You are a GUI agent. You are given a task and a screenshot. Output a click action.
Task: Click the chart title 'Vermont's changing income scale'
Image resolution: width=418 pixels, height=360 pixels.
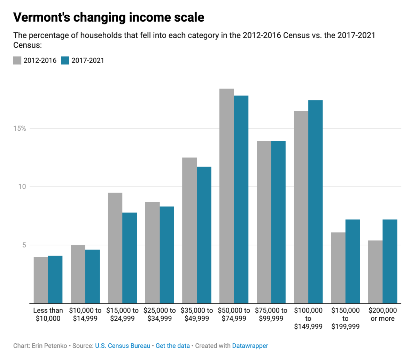[109, 17]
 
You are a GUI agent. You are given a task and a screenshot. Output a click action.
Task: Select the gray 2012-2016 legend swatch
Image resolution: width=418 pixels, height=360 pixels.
[17, 60]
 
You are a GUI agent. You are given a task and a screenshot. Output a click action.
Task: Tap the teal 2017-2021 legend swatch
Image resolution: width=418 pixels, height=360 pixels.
[65, 60]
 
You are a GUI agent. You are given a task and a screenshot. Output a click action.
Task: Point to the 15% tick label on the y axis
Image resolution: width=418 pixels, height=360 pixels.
[20, 128]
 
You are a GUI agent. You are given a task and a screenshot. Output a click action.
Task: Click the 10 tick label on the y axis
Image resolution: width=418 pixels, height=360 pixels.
[22, 186]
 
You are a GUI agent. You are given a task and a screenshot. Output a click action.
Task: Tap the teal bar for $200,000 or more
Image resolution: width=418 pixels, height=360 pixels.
[390, 261]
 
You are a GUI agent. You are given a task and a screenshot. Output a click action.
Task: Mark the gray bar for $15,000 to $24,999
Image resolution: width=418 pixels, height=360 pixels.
[115, 248]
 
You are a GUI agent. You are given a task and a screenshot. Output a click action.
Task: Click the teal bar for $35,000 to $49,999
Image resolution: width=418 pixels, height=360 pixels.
[204, 235]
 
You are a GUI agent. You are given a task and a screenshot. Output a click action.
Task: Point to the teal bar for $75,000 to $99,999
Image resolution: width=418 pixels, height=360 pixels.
[278, 222]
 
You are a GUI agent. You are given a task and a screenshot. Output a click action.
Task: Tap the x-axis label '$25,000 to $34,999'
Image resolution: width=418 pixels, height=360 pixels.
[160, 314]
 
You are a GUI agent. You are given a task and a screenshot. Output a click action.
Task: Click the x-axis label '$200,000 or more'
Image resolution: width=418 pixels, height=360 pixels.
[382, 314]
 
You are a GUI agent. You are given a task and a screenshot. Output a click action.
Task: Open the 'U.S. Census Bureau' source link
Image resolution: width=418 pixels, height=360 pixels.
[123, 346]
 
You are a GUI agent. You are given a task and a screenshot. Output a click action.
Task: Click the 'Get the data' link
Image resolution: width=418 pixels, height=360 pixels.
[173, 346]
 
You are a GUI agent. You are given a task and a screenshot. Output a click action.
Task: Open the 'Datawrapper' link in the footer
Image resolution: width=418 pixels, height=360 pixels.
[250, 346]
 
